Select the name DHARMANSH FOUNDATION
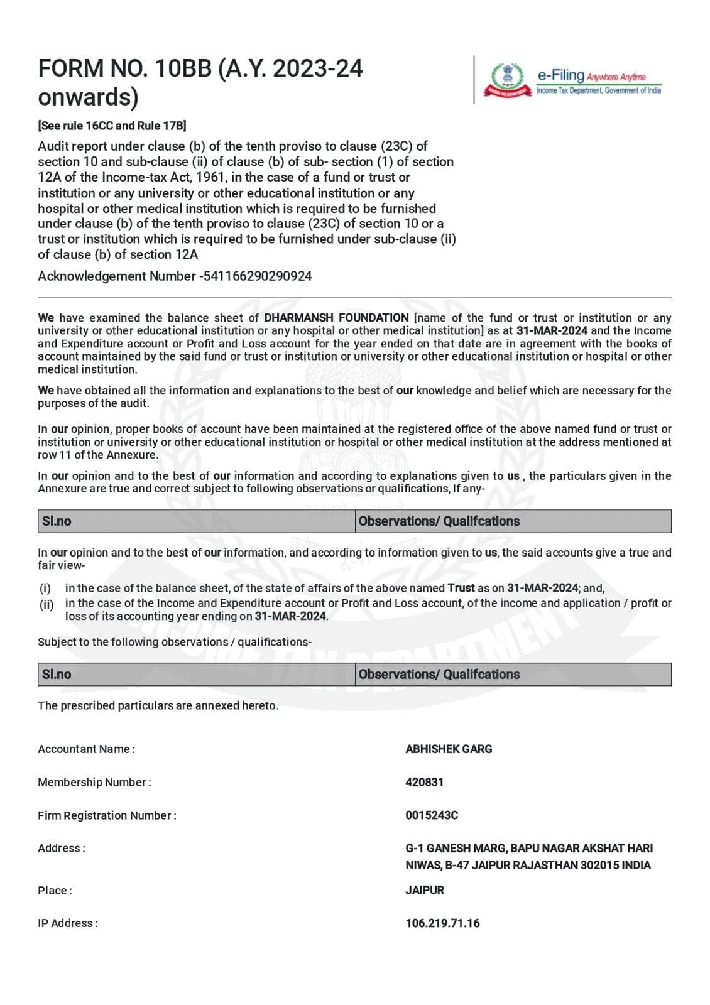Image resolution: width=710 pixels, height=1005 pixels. tap(336, 318)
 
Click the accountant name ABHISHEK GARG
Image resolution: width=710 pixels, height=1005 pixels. tap(449, 749)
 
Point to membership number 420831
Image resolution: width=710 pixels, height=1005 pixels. tap(424, 782)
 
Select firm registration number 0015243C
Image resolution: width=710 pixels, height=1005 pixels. tap(432, 815)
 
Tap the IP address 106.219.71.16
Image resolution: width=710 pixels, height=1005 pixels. tap(442, 923)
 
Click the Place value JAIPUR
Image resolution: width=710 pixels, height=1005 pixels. tap(425, 890)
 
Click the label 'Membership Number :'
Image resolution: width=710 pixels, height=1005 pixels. tap(94, 782)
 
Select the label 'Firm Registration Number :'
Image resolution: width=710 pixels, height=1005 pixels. tap(107, 815)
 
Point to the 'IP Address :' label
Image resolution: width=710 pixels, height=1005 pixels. tap(68, 923)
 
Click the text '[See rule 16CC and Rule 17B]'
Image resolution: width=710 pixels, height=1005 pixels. tap(112, 126)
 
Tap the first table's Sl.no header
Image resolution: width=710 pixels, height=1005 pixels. tap(57, 521)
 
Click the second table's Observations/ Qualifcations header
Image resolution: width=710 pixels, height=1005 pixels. tap(439, 674)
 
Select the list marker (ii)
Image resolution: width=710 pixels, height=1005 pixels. tap(46, 605)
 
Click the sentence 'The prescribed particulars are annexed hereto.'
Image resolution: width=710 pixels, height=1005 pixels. tap(158, 705)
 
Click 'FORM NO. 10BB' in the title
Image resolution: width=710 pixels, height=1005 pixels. tap(125, 68)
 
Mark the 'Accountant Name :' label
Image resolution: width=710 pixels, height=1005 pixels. tap(86, 749)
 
